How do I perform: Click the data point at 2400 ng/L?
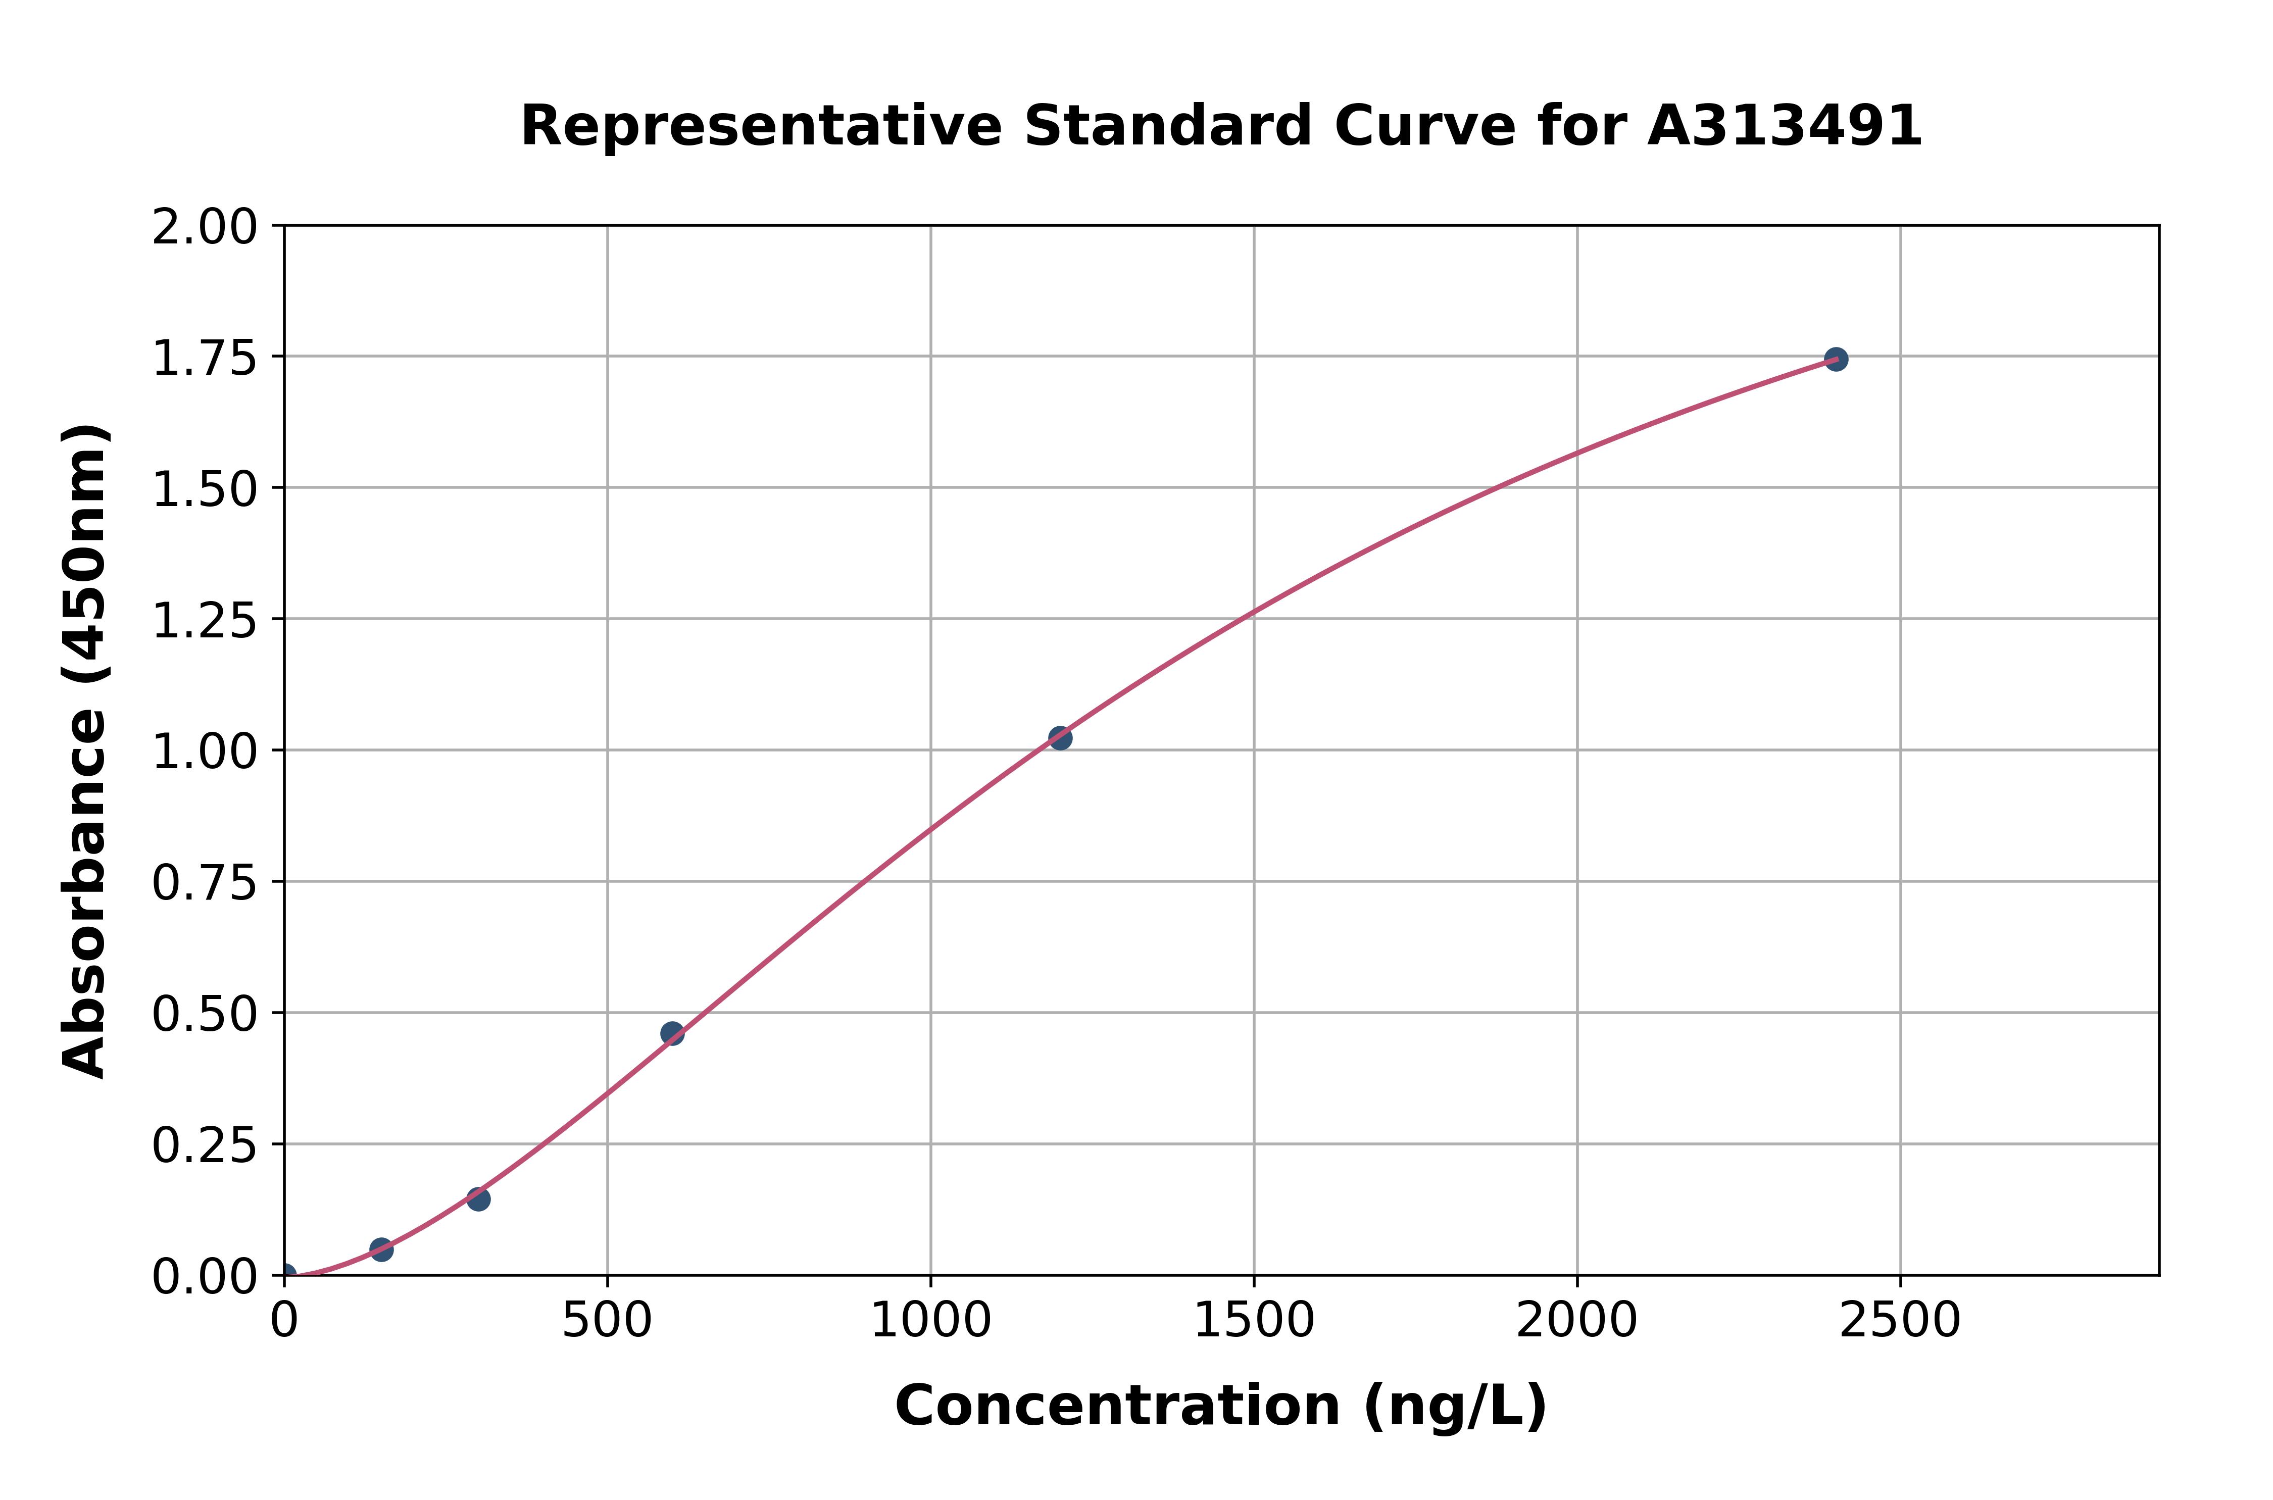[x=1835, y=360]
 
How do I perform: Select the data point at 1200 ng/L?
[x=1060, y=737]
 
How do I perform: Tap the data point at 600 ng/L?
[x=672, y=1033]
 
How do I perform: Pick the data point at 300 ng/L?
[x=478, y=1198]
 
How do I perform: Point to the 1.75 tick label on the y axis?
[x=205, y=360]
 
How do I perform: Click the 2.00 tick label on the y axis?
[x=205, y=229]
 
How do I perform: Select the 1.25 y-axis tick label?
[x=205, y=622]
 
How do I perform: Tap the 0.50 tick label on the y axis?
[x=205, y=1015]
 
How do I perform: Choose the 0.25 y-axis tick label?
[x=205, y=1146]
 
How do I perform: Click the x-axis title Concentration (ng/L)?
[x=1221, y=1406]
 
